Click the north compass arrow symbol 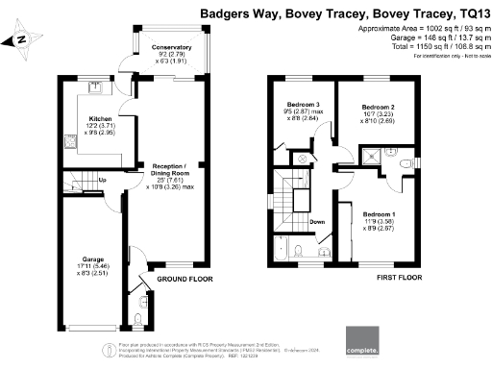click(20, 40)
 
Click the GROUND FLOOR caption click(184, 280)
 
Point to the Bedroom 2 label click(378, 110)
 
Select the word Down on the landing click(317, 222)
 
